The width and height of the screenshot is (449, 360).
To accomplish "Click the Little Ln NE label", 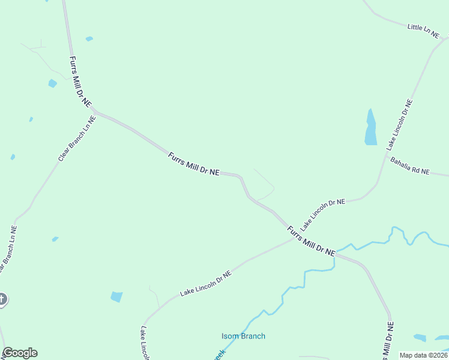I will point(423,31).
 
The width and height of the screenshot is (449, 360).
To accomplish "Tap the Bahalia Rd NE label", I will point(410,166).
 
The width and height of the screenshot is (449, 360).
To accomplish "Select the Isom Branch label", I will point(243,336).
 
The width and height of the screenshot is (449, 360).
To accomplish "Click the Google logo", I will point(20,353).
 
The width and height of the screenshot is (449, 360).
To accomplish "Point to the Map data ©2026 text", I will point(424,355).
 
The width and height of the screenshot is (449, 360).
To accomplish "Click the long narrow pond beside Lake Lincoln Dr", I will point(370,128).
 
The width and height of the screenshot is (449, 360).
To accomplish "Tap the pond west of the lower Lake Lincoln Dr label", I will point(116,296).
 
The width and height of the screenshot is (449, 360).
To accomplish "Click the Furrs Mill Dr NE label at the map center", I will point(193,164).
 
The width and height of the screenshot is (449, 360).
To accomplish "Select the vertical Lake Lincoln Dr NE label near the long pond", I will point(400,125).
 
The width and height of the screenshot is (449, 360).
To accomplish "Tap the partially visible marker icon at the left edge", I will point(2,299).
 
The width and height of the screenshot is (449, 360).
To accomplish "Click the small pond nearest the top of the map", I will point(89,39).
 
